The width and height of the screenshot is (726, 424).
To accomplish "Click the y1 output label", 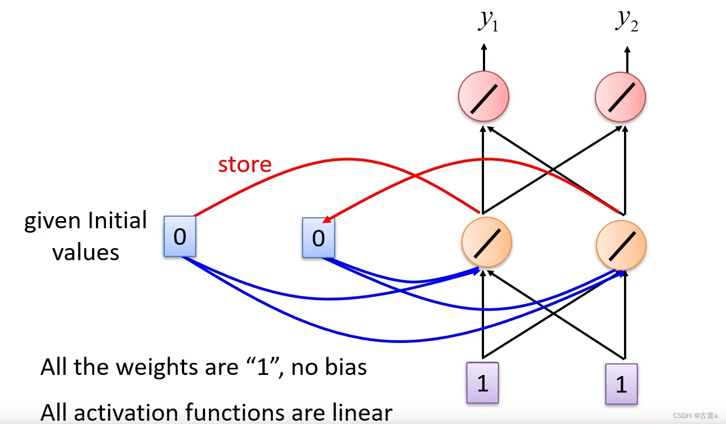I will click(488, 21).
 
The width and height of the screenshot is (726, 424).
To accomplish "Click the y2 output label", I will click(627, 21).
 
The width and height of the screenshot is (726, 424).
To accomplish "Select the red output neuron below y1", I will click(483, 96).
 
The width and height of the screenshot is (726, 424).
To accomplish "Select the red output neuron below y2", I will click(620, 96).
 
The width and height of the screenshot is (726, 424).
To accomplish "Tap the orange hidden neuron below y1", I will click(486, 242).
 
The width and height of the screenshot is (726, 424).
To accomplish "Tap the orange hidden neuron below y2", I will click(621, 245).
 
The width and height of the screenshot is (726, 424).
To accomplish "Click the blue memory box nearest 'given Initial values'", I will click(180, 237).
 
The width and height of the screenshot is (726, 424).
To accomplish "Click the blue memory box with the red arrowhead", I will click(318, 238).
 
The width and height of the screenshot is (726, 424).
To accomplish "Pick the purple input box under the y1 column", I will click(482, 383).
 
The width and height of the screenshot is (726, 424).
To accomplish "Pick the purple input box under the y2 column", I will click(621, 384).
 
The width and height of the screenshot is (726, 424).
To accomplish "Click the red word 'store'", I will click(245, 164).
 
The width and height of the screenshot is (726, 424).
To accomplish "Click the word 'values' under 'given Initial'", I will click(85, 253).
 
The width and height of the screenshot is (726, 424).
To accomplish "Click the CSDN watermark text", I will click(696, 415).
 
